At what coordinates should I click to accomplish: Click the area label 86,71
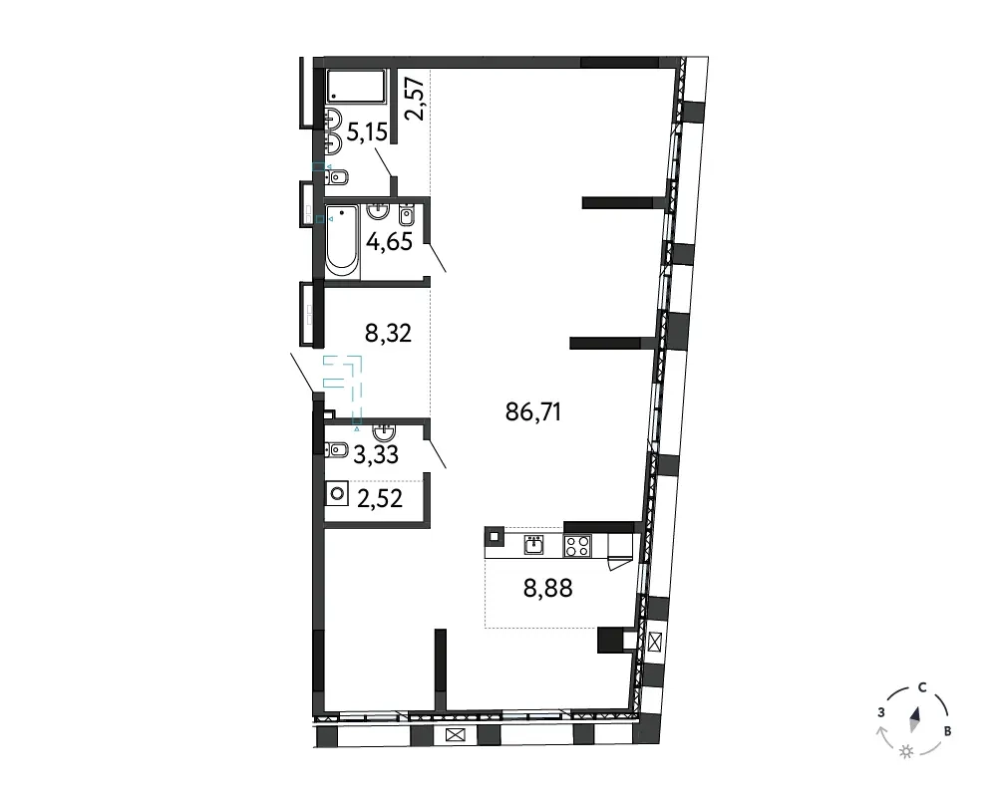pos(532,412)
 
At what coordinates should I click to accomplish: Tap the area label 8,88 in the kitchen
pos(547,589)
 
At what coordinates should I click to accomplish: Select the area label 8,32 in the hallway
pos(388,333)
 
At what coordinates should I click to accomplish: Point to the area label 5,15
pos(367,133)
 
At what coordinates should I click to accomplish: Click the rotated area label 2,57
pos(415,99)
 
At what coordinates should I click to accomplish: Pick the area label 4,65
pos(390,242)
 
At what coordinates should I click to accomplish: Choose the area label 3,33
pos(376,454)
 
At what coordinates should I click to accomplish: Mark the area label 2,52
pos(380,499)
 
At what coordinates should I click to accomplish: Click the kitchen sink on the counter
pos(533,545)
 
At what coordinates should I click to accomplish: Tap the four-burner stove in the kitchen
pos(577,546)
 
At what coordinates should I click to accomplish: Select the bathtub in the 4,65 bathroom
pos(341,240)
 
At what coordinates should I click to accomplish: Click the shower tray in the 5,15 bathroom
pos(356,86)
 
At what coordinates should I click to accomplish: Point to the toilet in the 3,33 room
pos(336,450)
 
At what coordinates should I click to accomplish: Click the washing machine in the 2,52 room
pos(337,494)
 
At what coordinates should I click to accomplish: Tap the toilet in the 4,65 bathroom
pos(407,215)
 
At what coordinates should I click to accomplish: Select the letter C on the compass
pos(922,687)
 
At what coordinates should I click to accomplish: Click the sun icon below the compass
pos(906,752)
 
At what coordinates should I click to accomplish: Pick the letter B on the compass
pos(947,731)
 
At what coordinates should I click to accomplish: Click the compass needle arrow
pos(915,719)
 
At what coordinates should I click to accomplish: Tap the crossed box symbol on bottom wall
pos(456,735)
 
